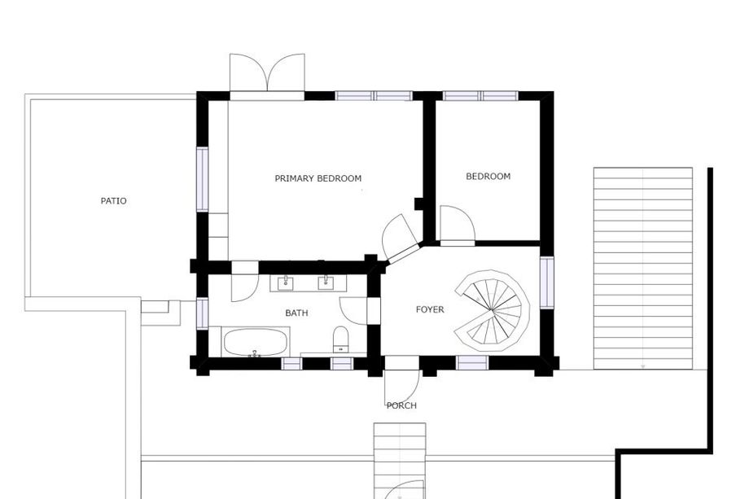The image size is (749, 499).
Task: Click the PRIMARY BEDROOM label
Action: (x=318, y=178)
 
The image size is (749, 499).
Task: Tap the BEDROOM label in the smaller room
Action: (x=488, y=176)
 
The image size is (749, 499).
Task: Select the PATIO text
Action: (x=114, y=201)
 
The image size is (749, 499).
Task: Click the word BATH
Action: (x=296, y=313)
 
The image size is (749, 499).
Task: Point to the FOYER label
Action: (x=430, y=309)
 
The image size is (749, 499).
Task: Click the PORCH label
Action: (x=401, y=405)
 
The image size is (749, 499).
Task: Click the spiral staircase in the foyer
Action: (x=492, y=310)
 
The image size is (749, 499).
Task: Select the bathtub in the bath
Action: (x=255, y=342)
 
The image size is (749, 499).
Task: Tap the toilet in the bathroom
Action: (x=340, y=339)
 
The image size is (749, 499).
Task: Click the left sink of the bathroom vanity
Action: (x=286, y=282)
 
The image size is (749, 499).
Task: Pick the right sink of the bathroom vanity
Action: (x=326, y=282)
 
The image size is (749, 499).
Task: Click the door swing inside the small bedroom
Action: (x=458, y=224)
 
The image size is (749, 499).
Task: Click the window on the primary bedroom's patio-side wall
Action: (x=203, y=179)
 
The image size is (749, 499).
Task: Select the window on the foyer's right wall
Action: (x=547, y=282)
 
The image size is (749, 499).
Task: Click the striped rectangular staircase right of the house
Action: (x=643, y=269)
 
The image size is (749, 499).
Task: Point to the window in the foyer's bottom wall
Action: (x=472, y=363)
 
